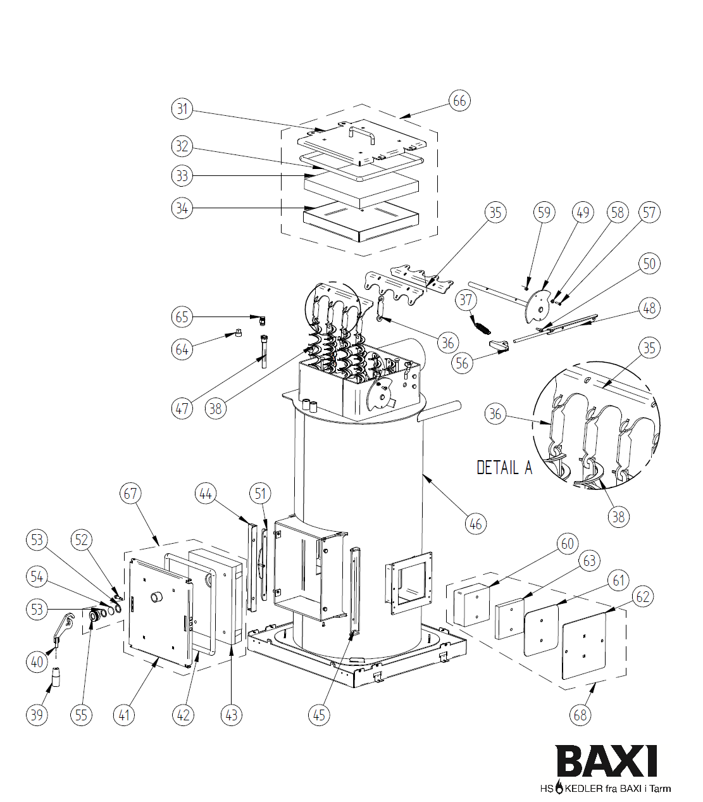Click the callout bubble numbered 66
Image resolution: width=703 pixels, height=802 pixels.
pos(459,101)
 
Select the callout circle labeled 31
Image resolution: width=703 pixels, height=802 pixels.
pos(182,108)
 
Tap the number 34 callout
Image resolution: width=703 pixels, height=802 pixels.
pos(182,208)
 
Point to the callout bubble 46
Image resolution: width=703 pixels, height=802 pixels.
pos(475,523)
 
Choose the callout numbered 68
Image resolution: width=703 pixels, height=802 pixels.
pos(580,715)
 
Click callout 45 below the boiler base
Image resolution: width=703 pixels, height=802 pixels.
pos(319,715)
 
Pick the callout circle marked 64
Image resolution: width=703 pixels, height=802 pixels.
pos(182,349)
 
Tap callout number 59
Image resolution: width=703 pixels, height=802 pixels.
pos(544,212)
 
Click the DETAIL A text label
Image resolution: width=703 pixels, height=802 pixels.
pos(504,468)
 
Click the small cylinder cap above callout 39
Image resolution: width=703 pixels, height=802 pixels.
pos(56,676)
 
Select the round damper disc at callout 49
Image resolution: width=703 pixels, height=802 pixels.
pos(538,307)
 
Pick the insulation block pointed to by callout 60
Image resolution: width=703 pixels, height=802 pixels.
pos(471,605)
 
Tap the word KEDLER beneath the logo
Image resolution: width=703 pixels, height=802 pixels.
pos(583,789)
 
